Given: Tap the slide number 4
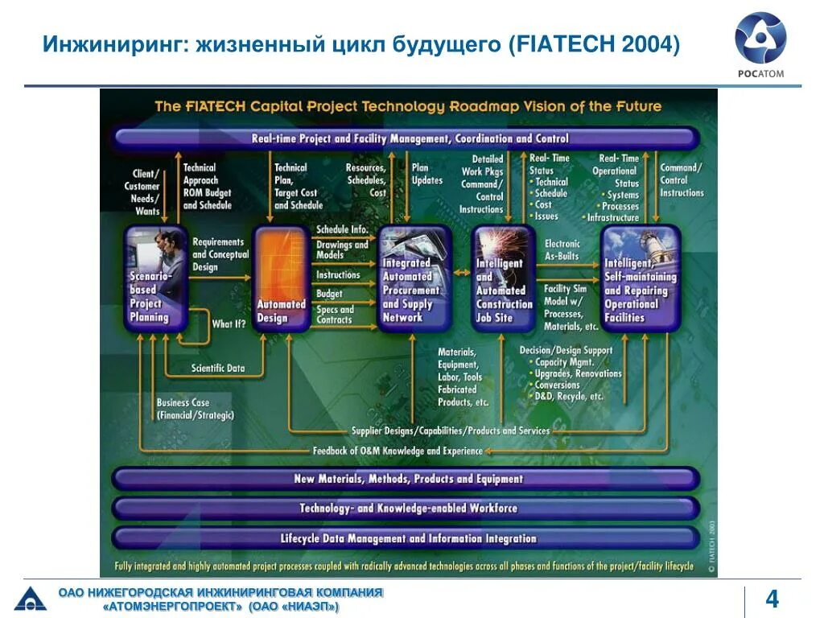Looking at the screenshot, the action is (772, 600).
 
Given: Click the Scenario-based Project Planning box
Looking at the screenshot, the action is (156, 278).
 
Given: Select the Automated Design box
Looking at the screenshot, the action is (281, 278).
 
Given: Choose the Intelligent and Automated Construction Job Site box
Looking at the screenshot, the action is (504, 278).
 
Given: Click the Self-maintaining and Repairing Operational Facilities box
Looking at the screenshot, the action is (641, 278).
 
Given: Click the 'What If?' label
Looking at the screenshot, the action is (229, 323).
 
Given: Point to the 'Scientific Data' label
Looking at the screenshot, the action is (218, 369).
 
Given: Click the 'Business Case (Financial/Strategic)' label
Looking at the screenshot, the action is (196, 409).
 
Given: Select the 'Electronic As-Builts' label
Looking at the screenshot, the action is (562, 249).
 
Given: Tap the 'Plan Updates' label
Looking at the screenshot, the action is (426, 174).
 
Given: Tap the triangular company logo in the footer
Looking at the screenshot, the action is (31, 599).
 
